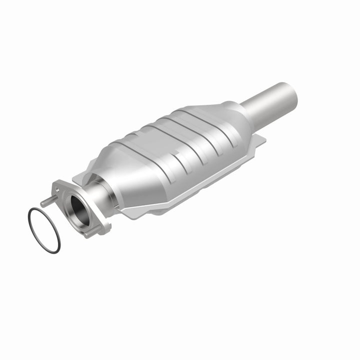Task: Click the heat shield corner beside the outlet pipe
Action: click(x=260, y=140)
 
